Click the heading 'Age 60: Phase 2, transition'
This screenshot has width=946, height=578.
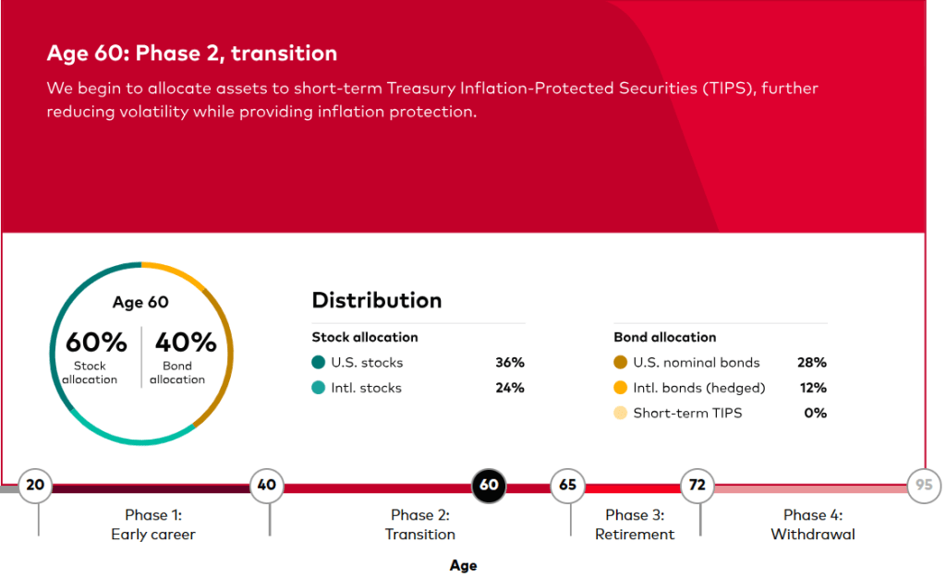tap(192, 53)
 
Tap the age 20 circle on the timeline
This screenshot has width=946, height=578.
tap(35, 485)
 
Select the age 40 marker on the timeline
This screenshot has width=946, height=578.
tap(267, 485)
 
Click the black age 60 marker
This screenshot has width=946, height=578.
tap(489, 485)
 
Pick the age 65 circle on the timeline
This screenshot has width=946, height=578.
tap(567, 485)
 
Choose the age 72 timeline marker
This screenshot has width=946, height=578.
tap(697, 485)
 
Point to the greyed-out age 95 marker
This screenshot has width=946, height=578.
tap(924, 485)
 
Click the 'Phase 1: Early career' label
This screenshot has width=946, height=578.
tap(153, 524)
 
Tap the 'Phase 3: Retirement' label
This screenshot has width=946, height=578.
tap(635, 524)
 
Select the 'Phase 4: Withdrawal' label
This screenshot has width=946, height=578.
tap(813, 524)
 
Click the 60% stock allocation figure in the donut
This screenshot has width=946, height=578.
tap(96, 343)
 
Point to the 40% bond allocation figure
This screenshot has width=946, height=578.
tap(186, 343)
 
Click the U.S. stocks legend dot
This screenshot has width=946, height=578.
tap(319, 362)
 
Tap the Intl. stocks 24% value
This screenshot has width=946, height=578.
tap(510, 388)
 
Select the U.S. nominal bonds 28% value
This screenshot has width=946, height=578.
tap(812, 362)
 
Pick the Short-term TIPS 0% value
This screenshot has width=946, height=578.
tap(815, 413)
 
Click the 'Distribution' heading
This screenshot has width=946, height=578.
tap(377, 300)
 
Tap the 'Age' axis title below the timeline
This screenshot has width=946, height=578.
tap(464, 565)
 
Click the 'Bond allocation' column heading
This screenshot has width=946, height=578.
tap(665, 337)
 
